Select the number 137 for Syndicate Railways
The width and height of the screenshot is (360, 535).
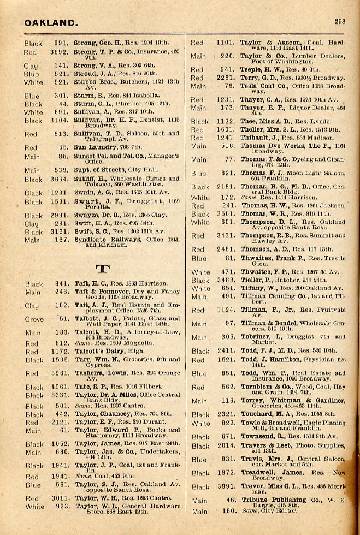coord(62,240)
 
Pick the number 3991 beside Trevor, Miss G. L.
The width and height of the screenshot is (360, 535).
coord(226,488)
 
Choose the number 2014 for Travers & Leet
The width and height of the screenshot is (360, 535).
coord(226,445)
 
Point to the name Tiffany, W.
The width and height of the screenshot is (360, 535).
coord(259,288)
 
